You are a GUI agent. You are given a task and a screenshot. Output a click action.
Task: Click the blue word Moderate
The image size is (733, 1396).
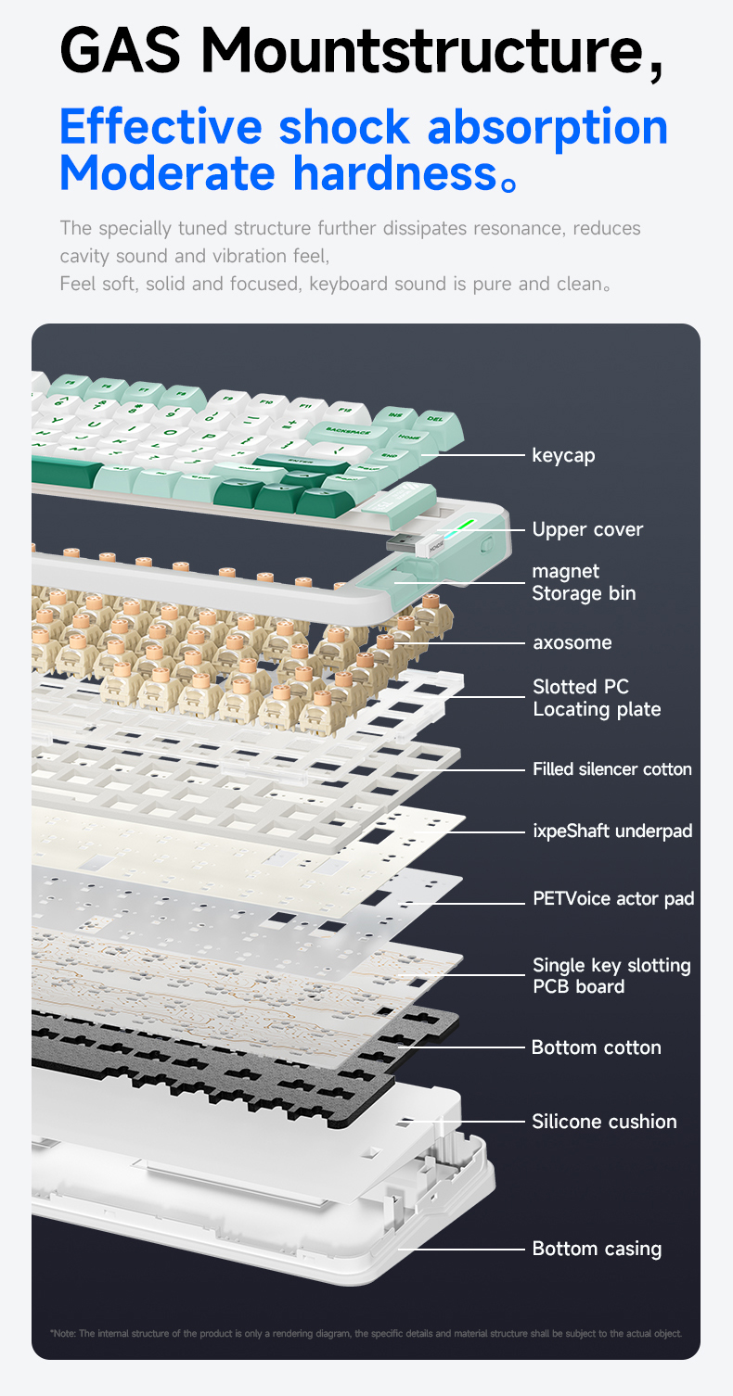pyautogui.click(x=167, y=173)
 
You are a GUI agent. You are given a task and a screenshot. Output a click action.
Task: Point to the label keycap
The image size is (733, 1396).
pyautogui.click(x=563, y=455)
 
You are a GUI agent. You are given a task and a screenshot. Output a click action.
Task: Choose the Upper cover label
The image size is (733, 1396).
pyautogui.click(x=587, y=529)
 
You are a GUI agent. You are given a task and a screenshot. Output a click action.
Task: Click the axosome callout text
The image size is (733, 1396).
pyautogui.click(x=572, y=642)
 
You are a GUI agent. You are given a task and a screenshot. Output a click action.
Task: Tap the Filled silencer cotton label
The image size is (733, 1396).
pyautogui.click(x=611, y=768)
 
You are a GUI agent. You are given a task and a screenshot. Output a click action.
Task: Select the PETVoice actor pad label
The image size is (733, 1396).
pyautogui.click(x=613, y=898)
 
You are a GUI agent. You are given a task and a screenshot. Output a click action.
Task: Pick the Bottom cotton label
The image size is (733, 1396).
pyautogui.click(x=596, y=1047)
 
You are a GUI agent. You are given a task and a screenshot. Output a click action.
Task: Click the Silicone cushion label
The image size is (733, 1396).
pyautogui.click(x=604, y=1122)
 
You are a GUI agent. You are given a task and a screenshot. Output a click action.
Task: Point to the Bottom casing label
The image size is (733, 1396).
pyautogui.click(x=597, y=1249)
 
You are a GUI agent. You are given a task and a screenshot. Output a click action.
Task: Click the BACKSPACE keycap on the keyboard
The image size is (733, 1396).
pyautogui.click(x=348, y=432)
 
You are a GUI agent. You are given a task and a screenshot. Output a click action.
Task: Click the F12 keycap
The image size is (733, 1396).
pyautogui.click(x=344, y=408)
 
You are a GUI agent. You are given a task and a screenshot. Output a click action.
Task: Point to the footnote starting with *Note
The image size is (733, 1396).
pyautogui.click(x=366, y=1333)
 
